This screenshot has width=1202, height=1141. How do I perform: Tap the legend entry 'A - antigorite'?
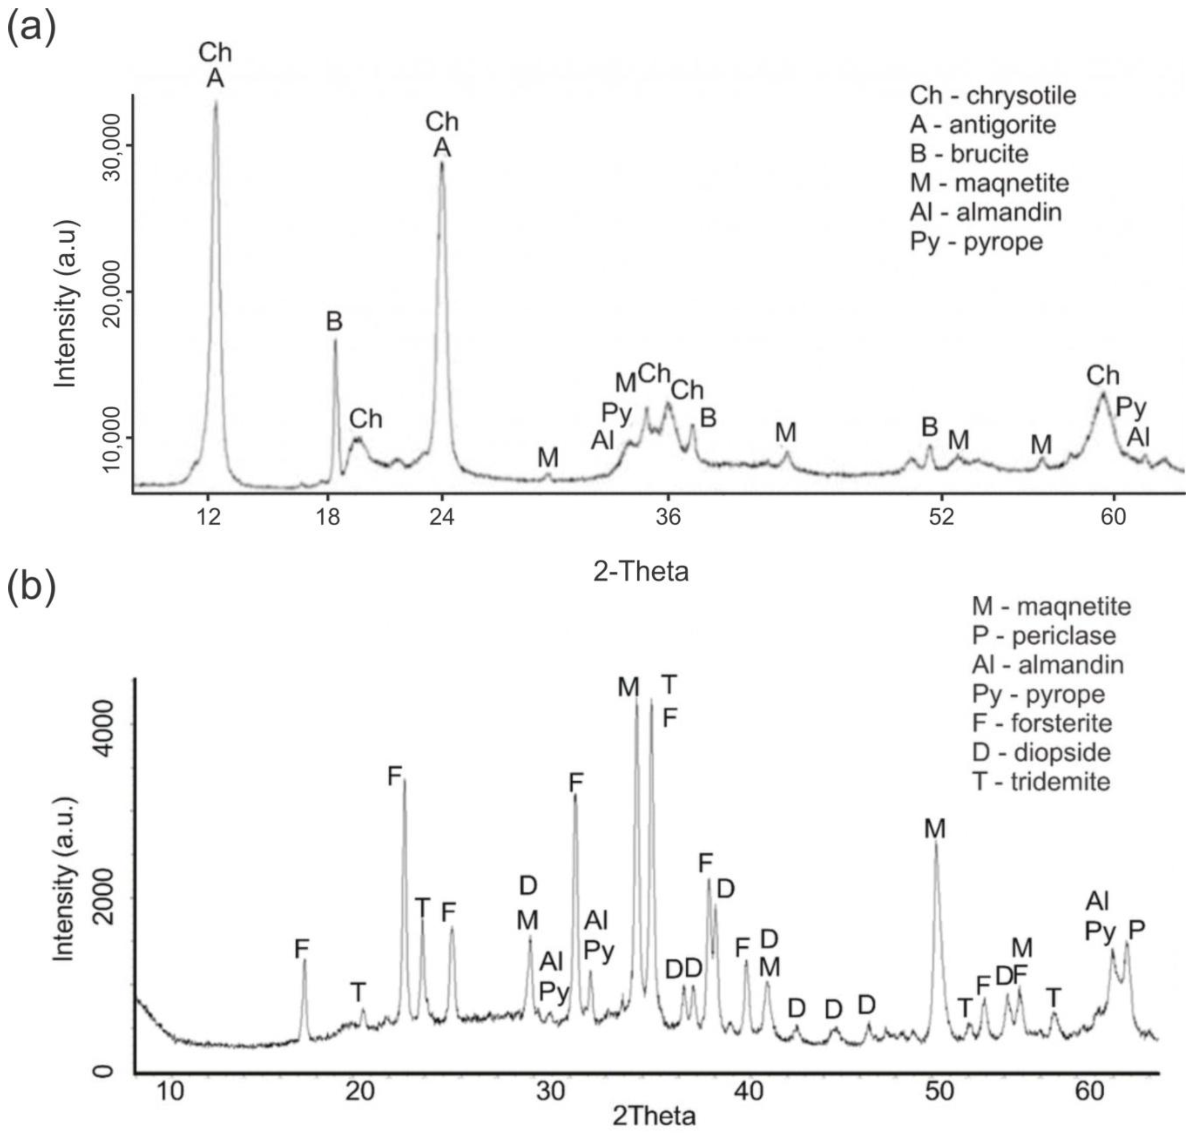tap(982, 125)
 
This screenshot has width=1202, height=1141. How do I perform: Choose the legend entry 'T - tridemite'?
tap(1041, 782)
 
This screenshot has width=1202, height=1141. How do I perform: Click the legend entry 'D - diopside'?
tap(1041, 752)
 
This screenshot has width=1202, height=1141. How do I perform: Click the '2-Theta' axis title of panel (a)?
tap(641, 572)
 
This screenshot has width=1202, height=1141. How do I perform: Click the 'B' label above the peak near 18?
tap(334, 321)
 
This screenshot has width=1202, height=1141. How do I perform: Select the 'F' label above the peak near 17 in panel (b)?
tap(302, 948)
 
